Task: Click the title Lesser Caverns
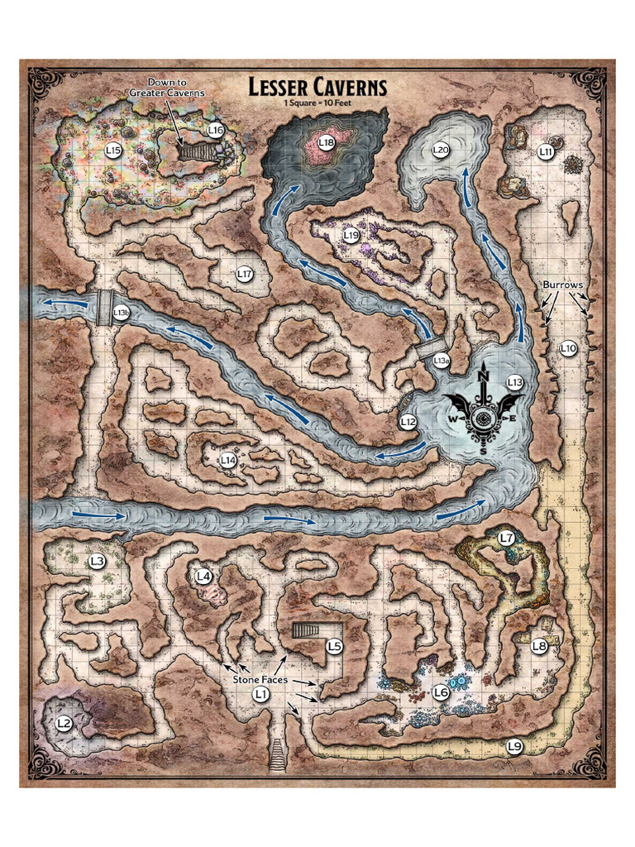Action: pos(317,86)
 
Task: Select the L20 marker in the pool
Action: pos(441,150)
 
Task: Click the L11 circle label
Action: pos(546,151)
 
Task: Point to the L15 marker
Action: pos(115,150)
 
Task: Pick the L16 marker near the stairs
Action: pos(216,130)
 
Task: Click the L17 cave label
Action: pos(244,273)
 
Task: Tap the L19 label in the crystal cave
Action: pos(351,236)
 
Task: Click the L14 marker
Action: pos(229,459)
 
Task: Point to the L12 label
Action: pos(408,422)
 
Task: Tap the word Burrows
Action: pos(563,285)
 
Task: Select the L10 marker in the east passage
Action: pos(567,348)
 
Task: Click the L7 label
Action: pos(508,538)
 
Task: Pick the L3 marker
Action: pos(98,561)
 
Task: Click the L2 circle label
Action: pos(64,723)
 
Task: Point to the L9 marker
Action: pos(514,747)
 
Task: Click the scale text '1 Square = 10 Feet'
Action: pos(317,103)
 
